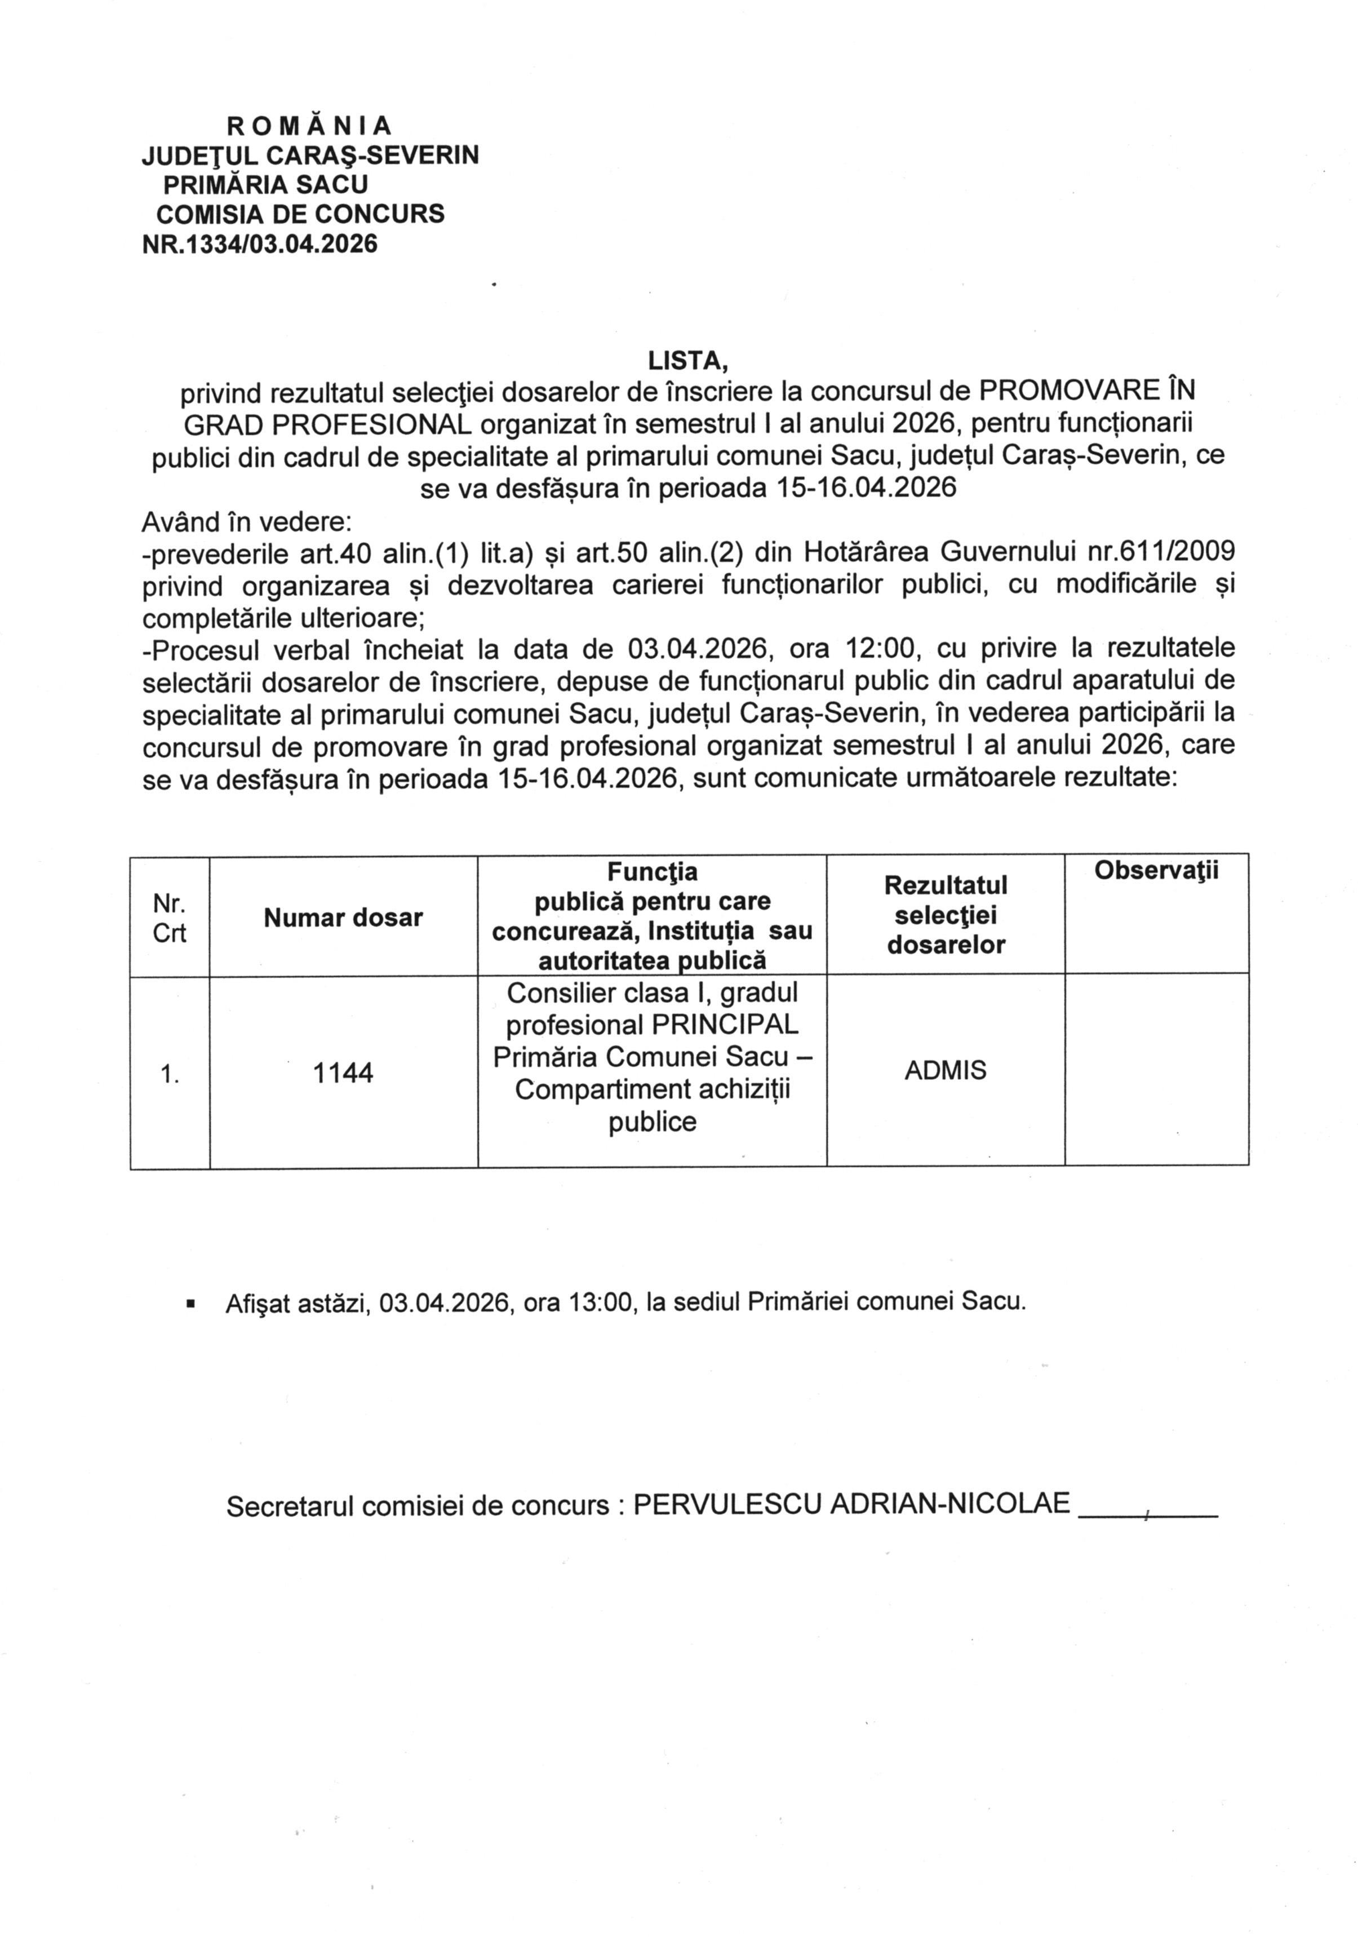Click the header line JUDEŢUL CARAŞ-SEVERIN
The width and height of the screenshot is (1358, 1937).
tap(309, 155)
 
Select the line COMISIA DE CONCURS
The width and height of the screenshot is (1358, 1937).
tap(300, 214)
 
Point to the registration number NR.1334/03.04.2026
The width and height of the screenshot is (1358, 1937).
tap(260, 244)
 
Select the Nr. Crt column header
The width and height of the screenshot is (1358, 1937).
tap(170, 919)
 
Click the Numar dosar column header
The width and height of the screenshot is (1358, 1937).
tap(343, 918)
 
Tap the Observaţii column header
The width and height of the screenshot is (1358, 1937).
tap(1156, 871)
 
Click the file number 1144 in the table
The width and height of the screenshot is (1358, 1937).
tap(343, 1073)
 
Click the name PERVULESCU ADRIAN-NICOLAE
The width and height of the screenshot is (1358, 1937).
tap(851, 1504)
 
